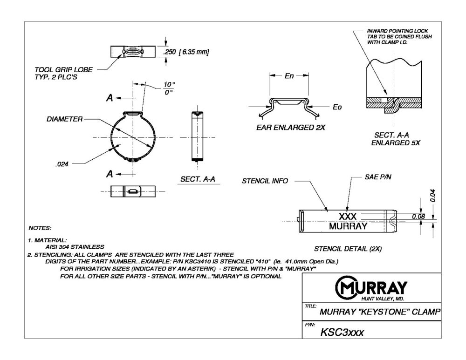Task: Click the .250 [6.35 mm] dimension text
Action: (185, 52)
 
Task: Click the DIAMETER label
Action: (64, 119)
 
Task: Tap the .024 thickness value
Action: (62, 163)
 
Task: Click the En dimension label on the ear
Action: (289, 76)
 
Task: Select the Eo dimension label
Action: (336, 107)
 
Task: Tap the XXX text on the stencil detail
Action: (348, 217)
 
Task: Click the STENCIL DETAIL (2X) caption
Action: (348, 249)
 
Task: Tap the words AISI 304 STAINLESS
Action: (75, 246)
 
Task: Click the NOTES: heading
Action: (40, 228)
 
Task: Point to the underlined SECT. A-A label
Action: (199, 179)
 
